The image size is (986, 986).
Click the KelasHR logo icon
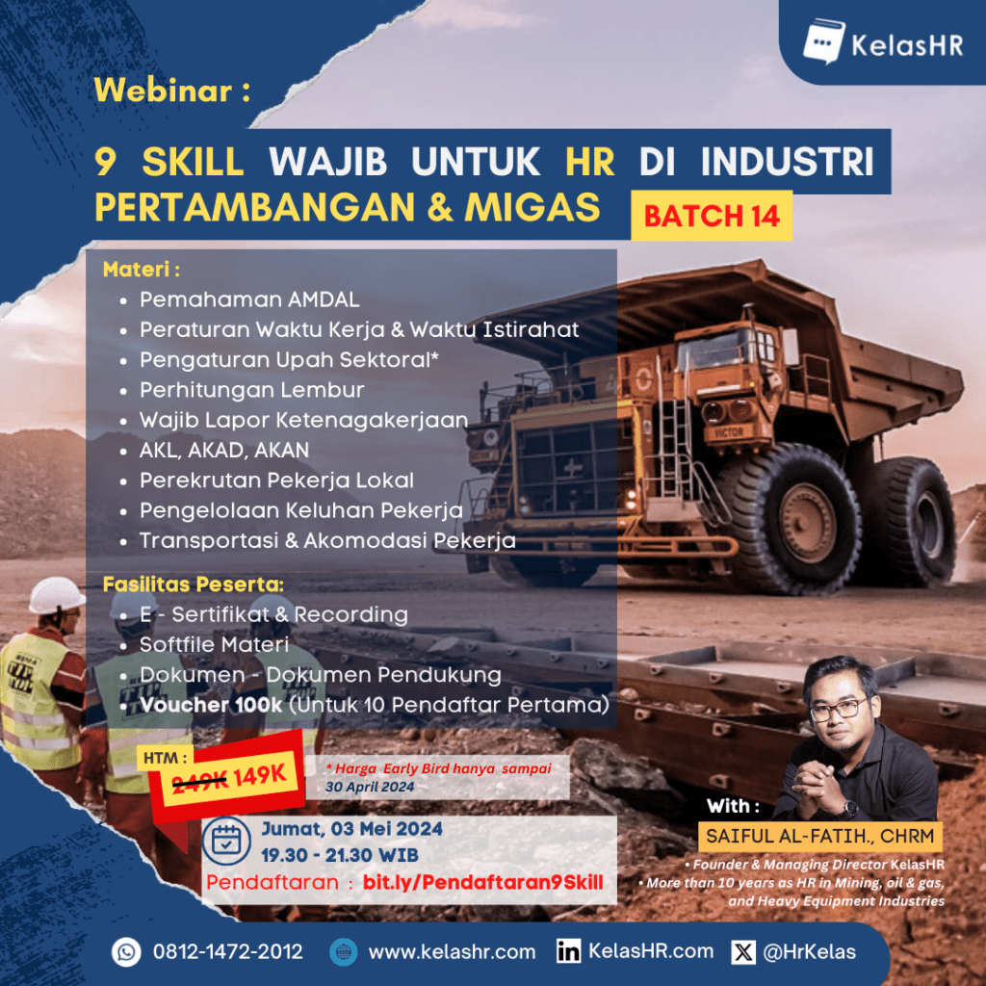[x=824, y=41]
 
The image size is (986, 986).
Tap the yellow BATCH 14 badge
[x=712, y=216]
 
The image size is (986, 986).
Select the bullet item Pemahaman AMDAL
[x=249, y=299]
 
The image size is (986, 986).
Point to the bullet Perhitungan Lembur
[x=251, y=390]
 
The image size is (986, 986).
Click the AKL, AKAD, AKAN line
[x=224, y=451]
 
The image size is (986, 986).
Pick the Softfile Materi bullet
[x=214, y=644]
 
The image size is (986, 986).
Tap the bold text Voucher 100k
[x=211, y=705]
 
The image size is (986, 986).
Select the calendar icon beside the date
[x=226, y=841]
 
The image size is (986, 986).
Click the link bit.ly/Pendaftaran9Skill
[x=483, y=882]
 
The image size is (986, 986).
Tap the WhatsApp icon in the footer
[x=126, y=951]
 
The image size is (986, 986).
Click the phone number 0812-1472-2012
[x=227, y=951]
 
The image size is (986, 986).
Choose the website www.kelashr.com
[x=452, y=952]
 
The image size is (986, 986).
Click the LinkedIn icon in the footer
[x=568, y=951]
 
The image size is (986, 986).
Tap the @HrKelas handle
[x=809, y=952]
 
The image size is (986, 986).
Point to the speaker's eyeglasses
[x=839, y=710]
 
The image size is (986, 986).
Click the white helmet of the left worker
[x=56, y=595]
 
